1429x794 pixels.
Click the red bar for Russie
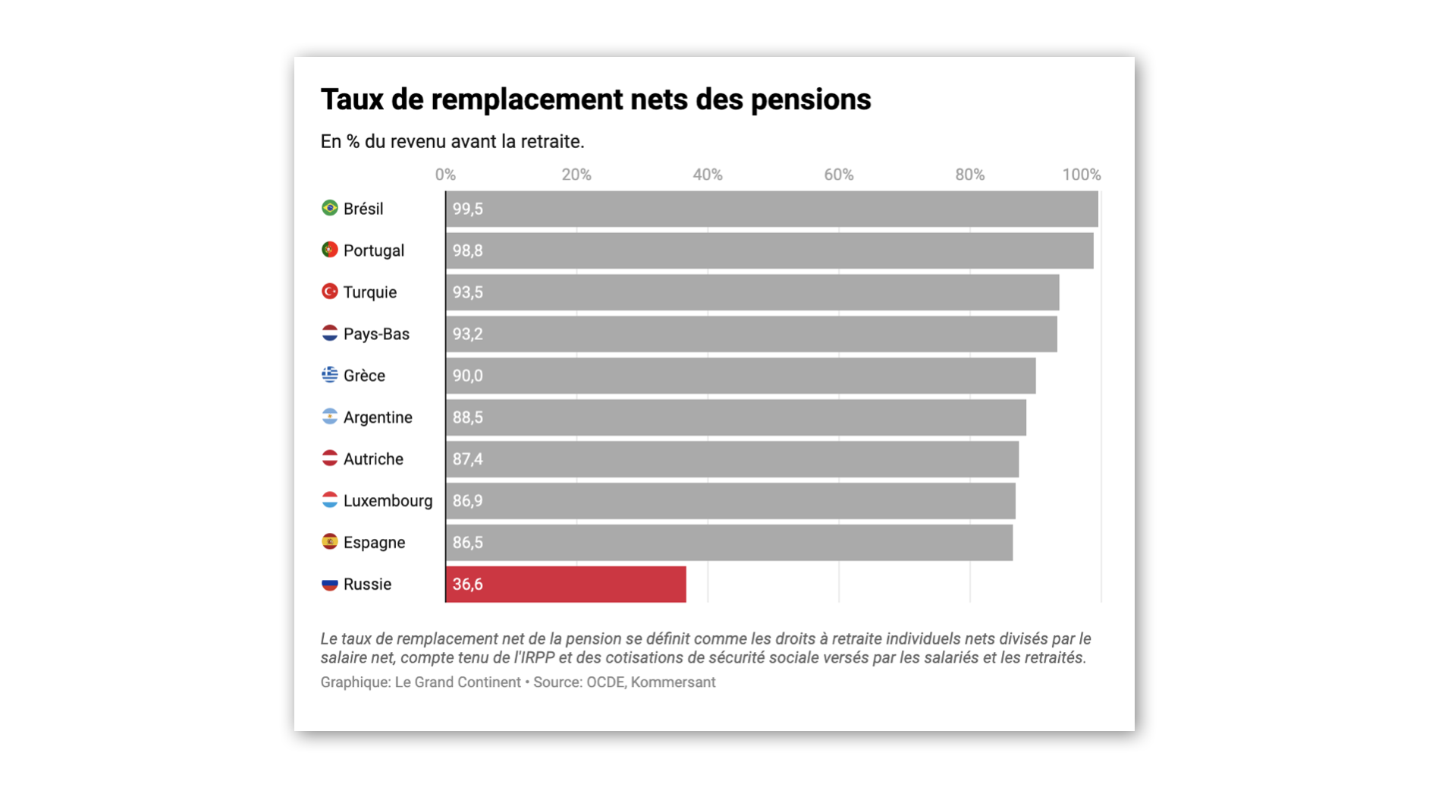[566, 584]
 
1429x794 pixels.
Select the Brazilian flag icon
[329, 208]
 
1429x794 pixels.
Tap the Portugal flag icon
[329, 250]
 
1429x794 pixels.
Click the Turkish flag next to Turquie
[329, 291]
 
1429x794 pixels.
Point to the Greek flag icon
[329, 375]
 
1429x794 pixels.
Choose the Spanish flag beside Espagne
[329, 542]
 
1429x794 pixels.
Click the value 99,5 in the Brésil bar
[467, 209]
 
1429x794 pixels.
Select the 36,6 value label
[467, 584]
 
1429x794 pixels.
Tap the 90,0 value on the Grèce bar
[467, 376]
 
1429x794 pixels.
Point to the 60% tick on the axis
[838, 175]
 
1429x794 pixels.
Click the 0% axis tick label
[445, 175]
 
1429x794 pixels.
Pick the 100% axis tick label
[1081, 175]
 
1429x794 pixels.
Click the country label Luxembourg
[388, 501]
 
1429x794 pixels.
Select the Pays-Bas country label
[376, 334]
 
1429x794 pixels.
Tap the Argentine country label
[378, 417]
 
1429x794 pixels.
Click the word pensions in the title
[810, 99]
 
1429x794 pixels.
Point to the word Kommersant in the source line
[673, 682]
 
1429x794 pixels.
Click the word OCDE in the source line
[605, 682]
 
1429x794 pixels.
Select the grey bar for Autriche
[732, 459]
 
